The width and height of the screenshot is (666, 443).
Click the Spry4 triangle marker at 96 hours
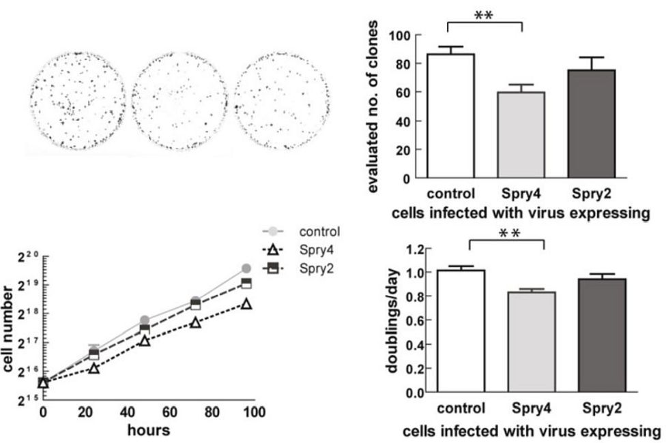click(246, 303)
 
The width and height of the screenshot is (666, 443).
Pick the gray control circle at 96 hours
click(246, 269)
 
